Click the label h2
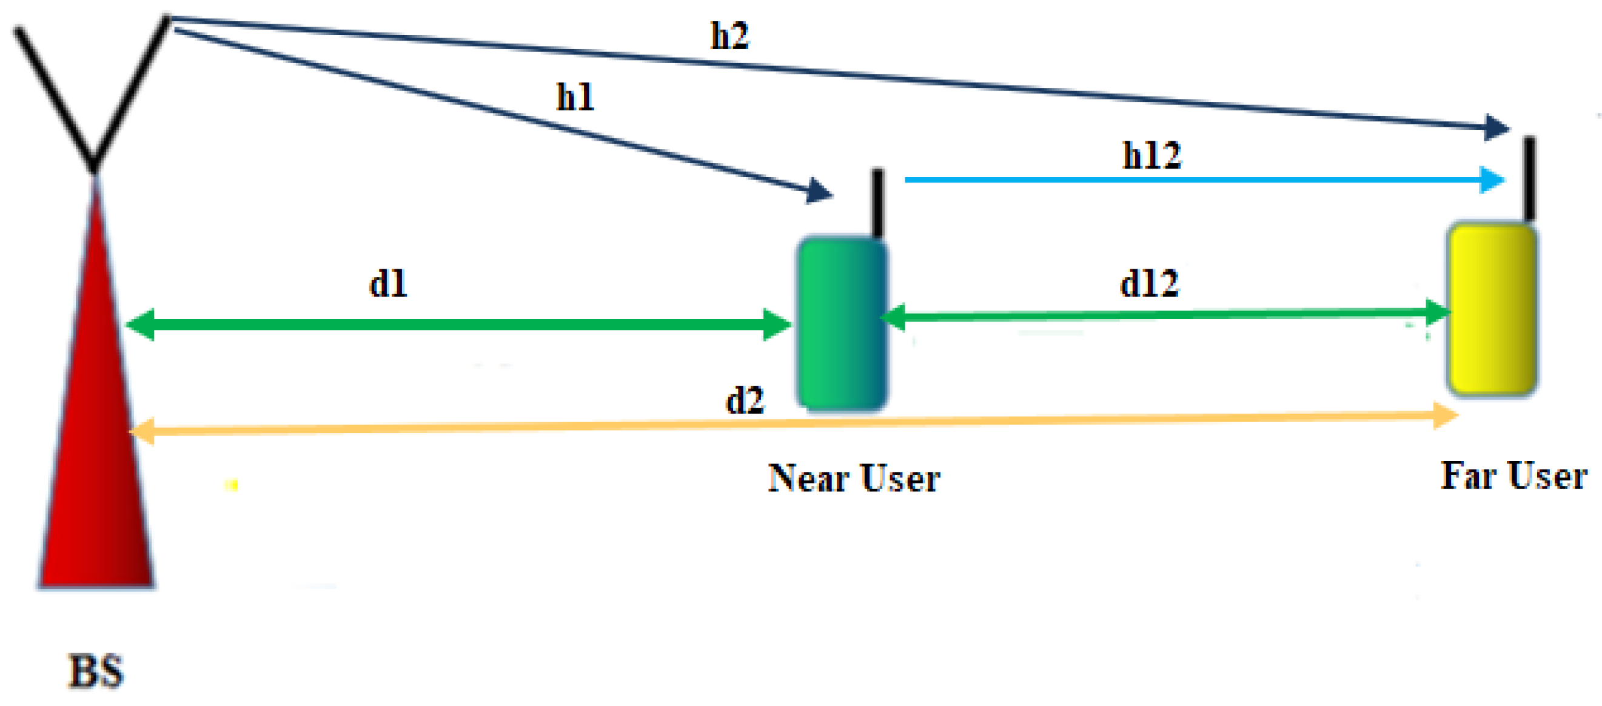coord(729,36)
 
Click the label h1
coord(575,97)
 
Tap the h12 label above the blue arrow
coord(1151,155)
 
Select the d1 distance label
coord(388,284)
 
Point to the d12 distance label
coord(1149,284)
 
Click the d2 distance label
coord(745,400)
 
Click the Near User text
coord(854,478)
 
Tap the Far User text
coord(1513,476)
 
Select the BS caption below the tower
coord(96,671)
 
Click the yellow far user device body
coord(1491,309)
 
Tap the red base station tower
coord(96,435)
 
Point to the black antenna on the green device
coord(877,202)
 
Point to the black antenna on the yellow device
coord(1529,177)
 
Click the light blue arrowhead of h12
coord(1492,180)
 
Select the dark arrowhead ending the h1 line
coord(820,190)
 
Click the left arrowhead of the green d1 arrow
coord(141,324)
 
